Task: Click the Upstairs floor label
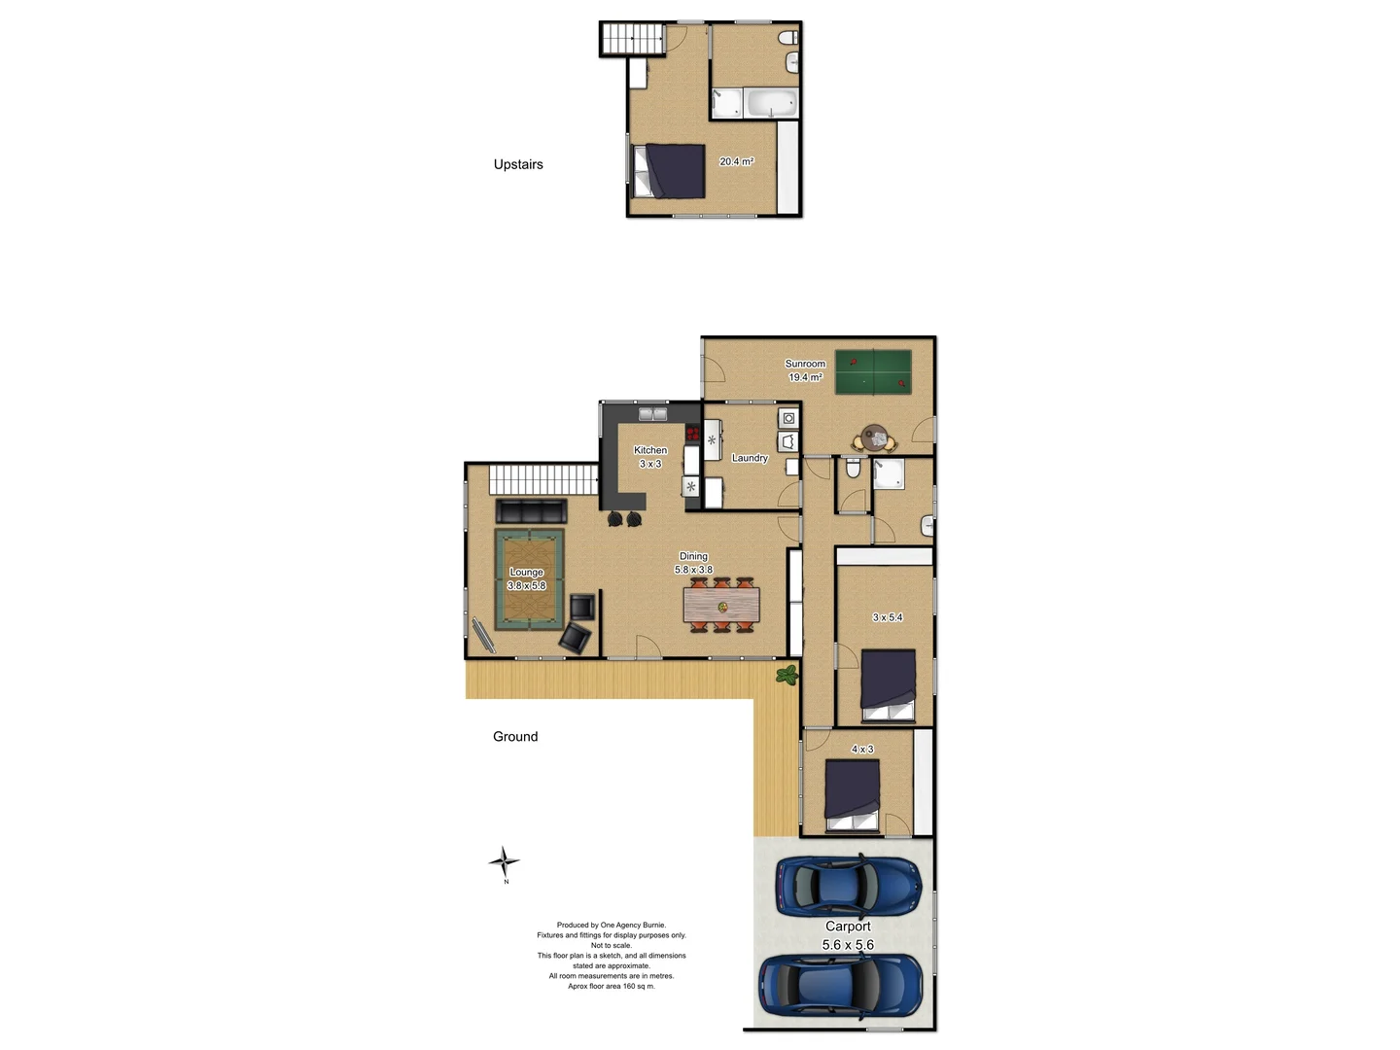518,164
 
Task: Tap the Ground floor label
515,737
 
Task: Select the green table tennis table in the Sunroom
873,371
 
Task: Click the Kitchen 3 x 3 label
650,457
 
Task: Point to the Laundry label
750,458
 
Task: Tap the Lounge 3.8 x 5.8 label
526,579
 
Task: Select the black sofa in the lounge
531,511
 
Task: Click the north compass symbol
504,862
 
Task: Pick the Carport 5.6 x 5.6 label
848,935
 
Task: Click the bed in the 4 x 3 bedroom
853,795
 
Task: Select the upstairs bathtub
772,102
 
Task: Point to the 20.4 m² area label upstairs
736,161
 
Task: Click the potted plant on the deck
787,674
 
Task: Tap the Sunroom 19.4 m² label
805,370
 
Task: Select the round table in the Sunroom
875,436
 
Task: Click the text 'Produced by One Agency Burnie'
611,926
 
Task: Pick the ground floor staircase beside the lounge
542,479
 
